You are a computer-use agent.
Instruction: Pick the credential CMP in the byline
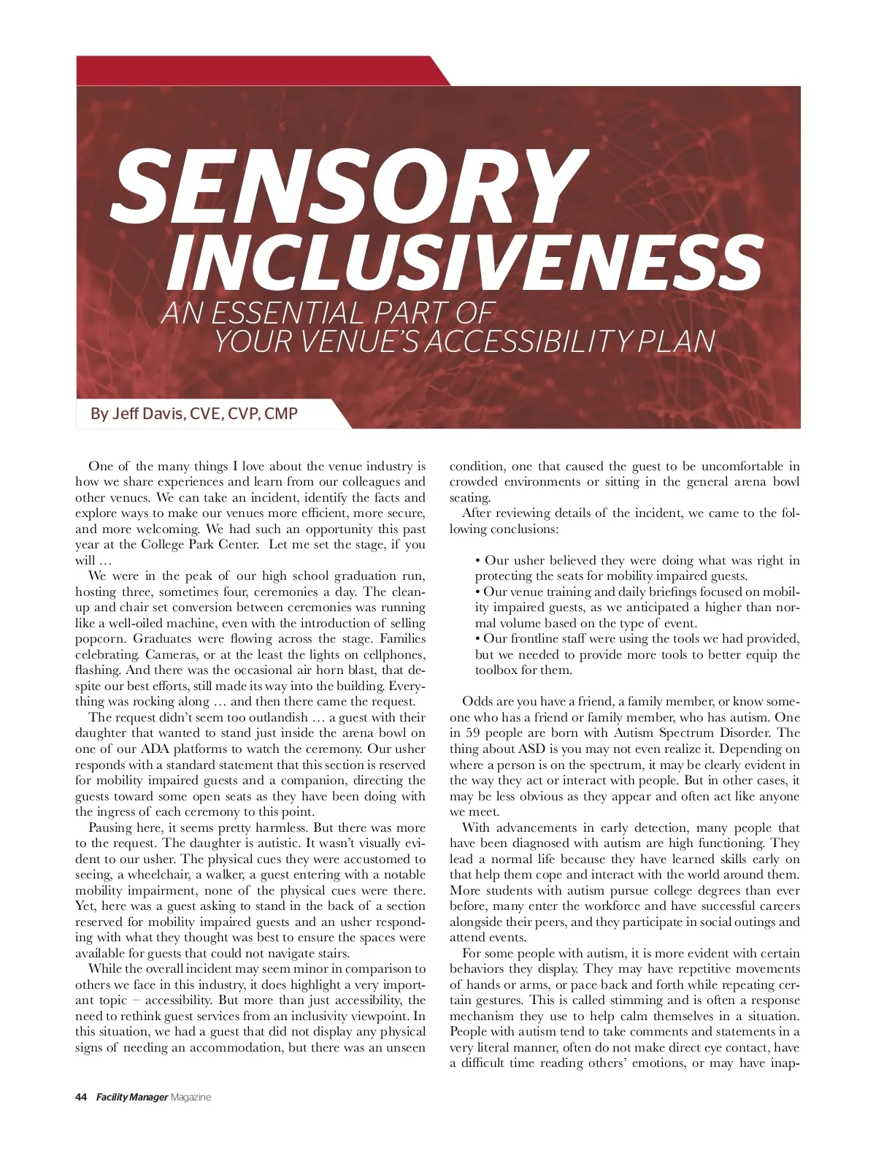pyautogui.click(x=281, y=414)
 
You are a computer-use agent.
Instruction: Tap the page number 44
pyautogui.click(x=81, y=1097)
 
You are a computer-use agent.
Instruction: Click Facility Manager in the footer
pyautogui.click(x=131, y=1097)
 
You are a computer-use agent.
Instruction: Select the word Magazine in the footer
pyautogui.click(x=191, y=1097)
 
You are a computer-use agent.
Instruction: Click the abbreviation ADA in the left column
pyautogui.click(x=155, y=749)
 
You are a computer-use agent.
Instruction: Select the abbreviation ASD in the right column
pyautogui.click(x=531, y=749)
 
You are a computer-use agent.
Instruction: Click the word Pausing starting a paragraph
pyautogui.click(x=111, y=828)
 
